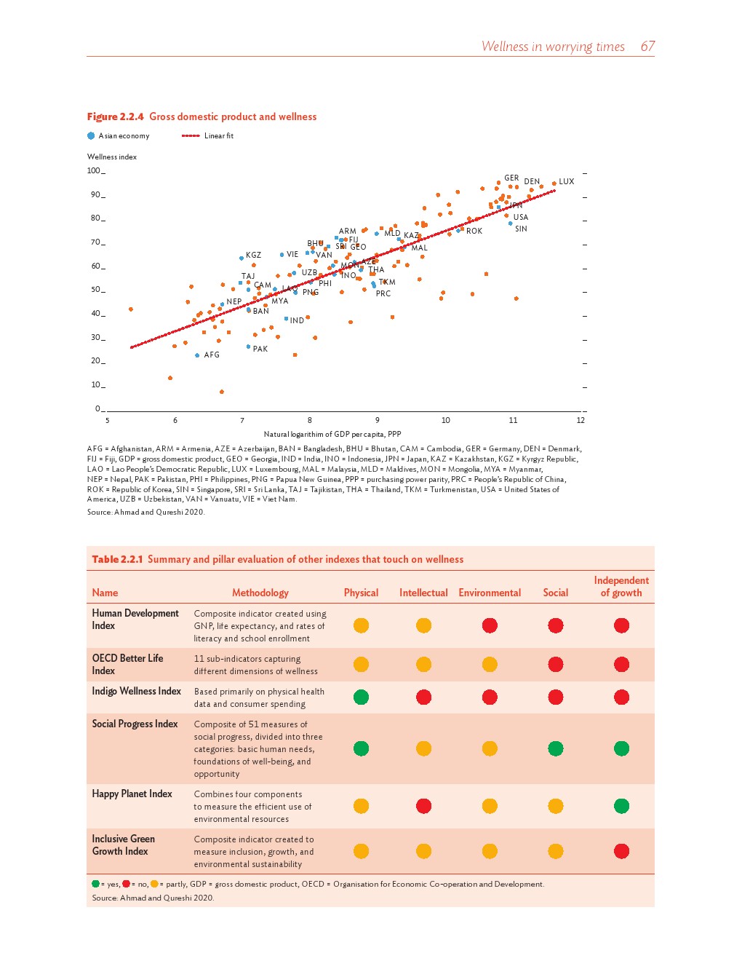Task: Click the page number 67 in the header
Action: point(647,47)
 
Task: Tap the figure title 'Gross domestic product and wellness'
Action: point(233,116)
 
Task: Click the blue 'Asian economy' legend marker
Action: point(91,136)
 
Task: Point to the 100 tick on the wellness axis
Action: point(94,171)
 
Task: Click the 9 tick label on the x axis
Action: point(378,420)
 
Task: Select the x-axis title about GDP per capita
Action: point(332,434)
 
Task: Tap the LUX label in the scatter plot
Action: point(566,181)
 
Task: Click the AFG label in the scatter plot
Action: point(212,355)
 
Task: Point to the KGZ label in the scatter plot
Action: point(253,256)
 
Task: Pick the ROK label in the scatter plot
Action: point(474,231)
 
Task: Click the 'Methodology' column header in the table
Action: point(260,593)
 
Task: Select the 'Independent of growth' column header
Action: point(621,586)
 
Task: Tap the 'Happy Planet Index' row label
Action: point(132,794)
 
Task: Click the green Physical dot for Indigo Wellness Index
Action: point(361,697)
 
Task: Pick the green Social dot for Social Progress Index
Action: point(556,748)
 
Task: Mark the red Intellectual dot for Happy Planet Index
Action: point(424,806)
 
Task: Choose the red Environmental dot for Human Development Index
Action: point(490,625)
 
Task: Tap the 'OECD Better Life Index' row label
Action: point(127,664)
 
